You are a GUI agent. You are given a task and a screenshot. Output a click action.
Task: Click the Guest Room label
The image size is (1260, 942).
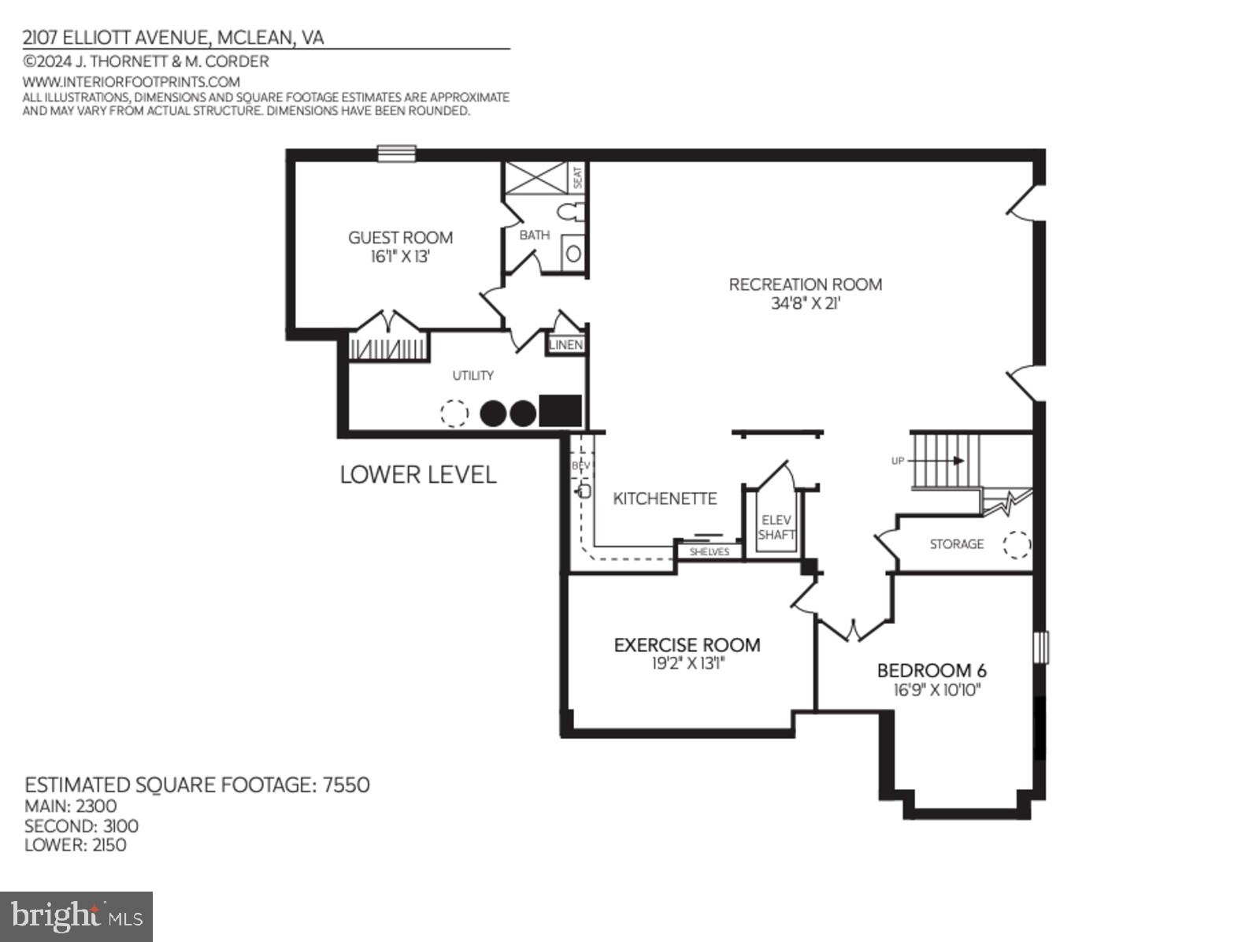point(400,238)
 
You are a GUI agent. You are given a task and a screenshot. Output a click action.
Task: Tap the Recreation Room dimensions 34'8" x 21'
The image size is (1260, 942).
point(805,303)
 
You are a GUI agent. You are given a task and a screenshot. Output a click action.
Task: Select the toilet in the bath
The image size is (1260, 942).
point(571,211)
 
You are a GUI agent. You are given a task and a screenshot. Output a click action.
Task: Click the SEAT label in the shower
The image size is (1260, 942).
point(577,177)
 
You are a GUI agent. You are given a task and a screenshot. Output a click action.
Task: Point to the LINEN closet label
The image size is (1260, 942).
point(565,345)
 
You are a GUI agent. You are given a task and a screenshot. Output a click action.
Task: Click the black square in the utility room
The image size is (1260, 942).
point(560,411)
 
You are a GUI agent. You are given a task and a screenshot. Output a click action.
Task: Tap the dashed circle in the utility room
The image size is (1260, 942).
point(454,413)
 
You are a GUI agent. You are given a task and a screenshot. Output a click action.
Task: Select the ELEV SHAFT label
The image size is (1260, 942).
point(776,527)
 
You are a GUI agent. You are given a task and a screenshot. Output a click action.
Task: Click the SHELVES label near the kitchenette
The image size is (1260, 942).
point(709,552)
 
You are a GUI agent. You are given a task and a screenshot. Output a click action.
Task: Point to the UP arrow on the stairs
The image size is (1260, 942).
point(937,461)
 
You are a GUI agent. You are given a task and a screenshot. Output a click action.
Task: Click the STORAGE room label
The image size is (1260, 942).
point(956,544)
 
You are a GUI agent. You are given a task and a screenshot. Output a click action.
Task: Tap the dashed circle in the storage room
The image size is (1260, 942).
point(1016,544)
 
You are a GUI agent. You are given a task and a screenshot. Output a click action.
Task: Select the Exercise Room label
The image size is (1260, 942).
point(687,645)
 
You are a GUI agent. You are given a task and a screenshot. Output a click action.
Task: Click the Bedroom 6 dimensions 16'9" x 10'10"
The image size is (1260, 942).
point(936,691)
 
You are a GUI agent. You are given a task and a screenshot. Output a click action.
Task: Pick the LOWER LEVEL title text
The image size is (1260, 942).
point(418,474)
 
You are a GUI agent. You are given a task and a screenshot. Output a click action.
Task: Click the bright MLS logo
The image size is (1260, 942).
point(76,917)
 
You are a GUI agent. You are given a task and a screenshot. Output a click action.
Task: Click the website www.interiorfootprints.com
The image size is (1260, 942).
point(131,82)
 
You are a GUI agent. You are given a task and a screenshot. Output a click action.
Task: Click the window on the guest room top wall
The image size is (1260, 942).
point(396,153)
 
